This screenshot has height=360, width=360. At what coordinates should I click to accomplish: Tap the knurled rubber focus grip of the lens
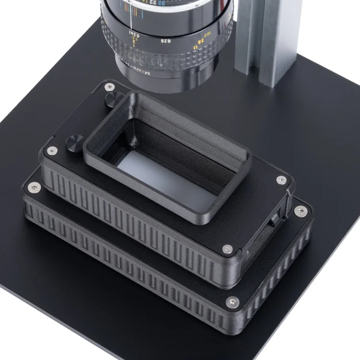click(x=168, y=53)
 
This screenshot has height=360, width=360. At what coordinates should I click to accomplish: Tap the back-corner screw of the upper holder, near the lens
click(x=110, y=87)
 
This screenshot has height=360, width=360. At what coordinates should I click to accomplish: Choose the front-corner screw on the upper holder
click(x=228, y=249)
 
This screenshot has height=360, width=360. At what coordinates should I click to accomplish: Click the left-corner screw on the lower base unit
click(x=34, y=188)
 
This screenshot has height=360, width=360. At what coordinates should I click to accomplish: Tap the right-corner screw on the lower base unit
click(x=301, y=210)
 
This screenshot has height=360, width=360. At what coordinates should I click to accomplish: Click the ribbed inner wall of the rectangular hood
click(x=192, y=144)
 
